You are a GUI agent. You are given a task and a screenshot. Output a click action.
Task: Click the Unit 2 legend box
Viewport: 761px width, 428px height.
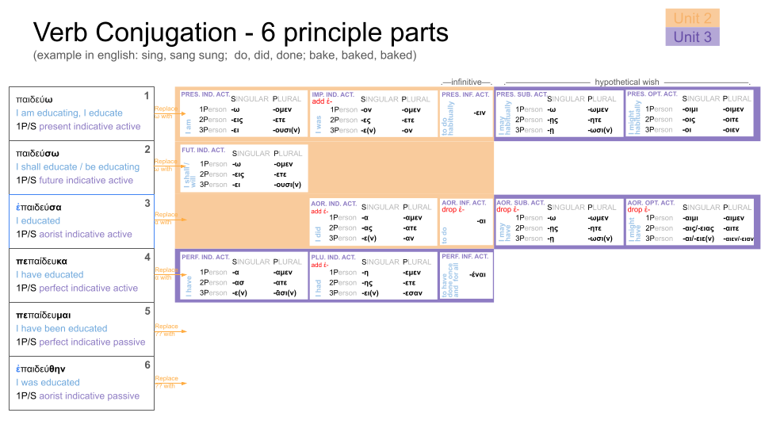[x=692, y=17]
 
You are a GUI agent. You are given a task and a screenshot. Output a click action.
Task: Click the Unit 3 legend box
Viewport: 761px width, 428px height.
[x=692, y=36]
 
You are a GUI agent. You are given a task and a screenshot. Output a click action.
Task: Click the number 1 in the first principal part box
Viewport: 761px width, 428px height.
[x=147, y=96]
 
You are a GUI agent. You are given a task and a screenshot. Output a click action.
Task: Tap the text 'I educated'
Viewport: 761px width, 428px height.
[x=38, y=220]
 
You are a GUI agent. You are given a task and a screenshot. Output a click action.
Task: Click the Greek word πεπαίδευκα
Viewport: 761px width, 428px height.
[x=41, y=260]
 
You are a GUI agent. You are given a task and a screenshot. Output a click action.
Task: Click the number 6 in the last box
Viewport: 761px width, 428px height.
[x=147, y=365]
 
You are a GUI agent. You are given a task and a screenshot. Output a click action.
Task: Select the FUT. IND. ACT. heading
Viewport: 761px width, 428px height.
[x=204, y=149]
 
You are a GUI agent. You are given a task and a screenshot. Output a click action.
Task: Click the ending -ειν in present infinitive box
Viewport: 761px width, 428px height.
[x=479, y=113]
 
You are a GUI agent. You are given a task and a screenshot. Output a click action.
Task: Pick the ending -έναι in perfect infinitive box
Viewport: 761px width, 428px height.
[x=478, y=275]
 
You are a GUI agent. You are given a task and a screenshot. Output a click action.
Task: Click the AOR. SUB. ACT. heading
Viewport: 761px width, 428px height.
[x=520, y=203]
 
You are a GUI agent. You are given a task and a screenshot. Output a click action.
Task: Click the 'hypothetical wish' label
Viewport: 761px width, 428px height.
[x=626, y=82]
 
